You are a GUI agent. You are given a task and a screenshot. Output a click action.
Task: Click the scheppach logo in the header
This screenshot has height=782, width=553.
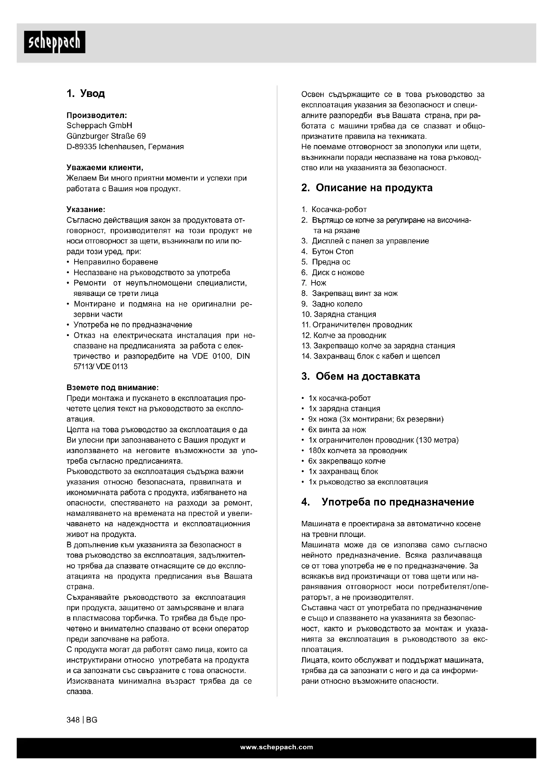(x=54, y=42)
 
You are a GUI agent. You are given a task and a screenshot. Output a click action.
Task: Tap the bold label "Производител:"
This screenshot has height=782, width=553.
(x=97, y=115)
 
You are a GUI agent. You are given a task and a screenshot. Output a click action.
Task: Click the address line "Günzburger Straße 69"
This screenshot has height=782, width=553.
(x=106, y=136)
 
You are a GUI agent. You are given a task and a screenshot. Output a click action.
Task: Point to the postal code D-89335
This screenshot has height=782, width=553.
(x=81, y=147)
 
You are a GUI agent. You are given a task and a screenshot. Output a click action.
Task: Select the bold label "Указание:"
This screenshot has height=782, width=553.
(x=86, y=209)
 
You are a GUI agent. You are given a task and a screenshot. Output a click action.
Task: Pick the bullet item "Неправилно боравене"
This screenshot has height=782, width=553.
(x=116, y=262)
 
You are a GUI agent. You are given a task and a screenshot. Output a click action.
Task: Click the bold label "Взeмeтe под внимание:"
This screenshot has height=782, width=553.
(x=112, y=387)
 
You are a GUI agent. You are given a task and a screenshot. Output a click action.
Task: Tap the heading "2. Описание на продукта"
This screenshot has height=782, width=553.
(x=367, y=188)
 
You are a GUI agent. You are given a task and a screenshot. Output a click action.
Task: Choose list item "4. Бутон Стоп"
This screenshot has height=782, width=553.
(x=327, y=251)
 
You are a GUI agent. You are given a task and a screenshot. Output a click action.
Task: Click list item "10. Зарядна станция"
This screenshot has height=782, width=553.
(x=339, y=314)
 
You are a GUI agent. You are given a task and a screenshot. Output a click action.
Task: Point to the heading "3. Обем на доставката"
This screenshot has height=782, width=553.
(x=361, y=376)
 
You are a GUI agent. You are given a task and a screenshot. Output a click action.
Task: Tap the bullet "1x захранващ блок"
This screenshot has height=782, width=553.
(x=343, y=471)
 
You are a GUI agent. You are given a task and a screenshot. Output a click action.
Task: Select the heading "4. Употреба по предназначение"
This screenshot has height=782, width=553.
(x=388, y=502)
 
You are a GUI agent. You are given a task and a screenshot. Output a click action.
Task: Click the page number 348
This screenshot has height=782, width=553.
(x=73, y=720)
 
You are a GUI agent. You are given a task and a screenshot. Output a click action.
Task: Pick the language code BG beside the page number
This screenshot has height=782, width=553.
(x=92, y=720)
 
